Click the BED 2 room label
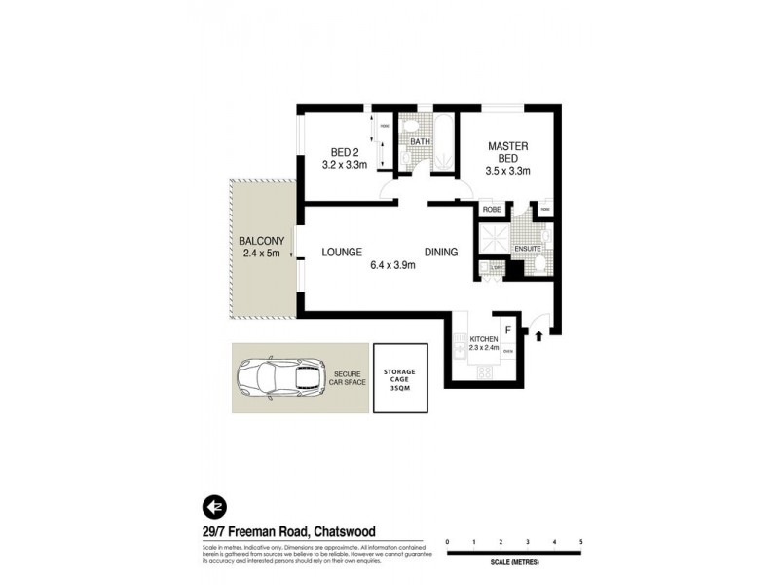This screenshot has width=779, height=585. [344, 152]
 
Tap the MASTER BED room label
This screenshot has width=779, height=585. [507, 146]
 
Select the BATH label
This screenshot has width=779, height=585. [420, 142]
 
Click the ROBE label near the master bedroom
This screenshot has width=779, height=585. [491, 209]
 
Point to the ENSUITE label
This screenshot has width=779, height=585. [529, 249]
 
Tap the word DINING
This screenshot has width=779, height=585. [441, 253]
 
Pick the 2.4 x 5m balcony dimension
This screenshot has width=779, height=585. [261, 255]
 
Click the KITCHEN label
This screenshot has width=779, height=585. [483, 339]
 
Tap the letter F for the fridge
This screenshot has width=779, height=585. [508, 330]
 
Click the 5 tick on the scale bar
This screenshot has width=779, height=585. [580, 541]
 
